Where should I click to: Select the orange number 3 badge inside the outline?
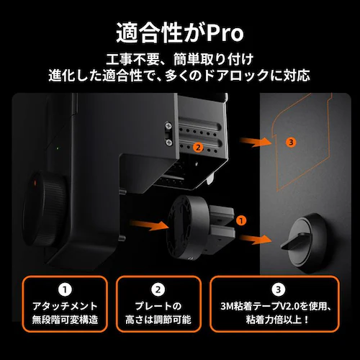pos(290,142)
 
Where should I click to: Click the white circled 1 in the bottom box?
pos(63,291)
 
